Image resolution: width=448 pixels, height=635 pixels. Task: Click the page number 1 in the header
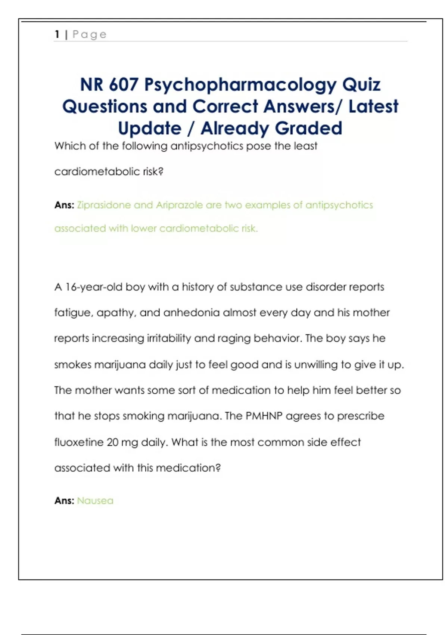click(57, 34)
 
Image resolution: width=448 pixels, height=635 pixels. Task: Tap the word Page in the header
click(90, 35)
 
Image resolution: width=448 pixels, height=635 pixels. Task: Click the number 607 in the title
click(124, 84)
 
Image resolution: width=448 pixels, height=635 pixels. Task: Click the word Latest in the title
click(373, 106)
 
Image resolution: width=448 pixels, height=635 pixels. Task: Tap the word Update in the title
click(150, 129)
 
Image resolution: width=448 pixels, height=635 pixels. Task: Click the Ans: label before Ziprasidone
click(64, 205)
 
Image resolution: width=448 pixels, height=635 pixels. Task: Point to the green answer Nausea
click(95, 501)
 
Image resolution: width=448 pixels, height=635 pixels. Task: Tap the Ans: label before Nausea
click(64, 501)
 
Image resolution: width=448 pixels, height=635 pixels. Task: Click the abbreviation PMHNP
click(264, 416)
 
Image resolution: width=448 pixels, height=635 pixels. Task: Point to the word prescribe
click(361, 416)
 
